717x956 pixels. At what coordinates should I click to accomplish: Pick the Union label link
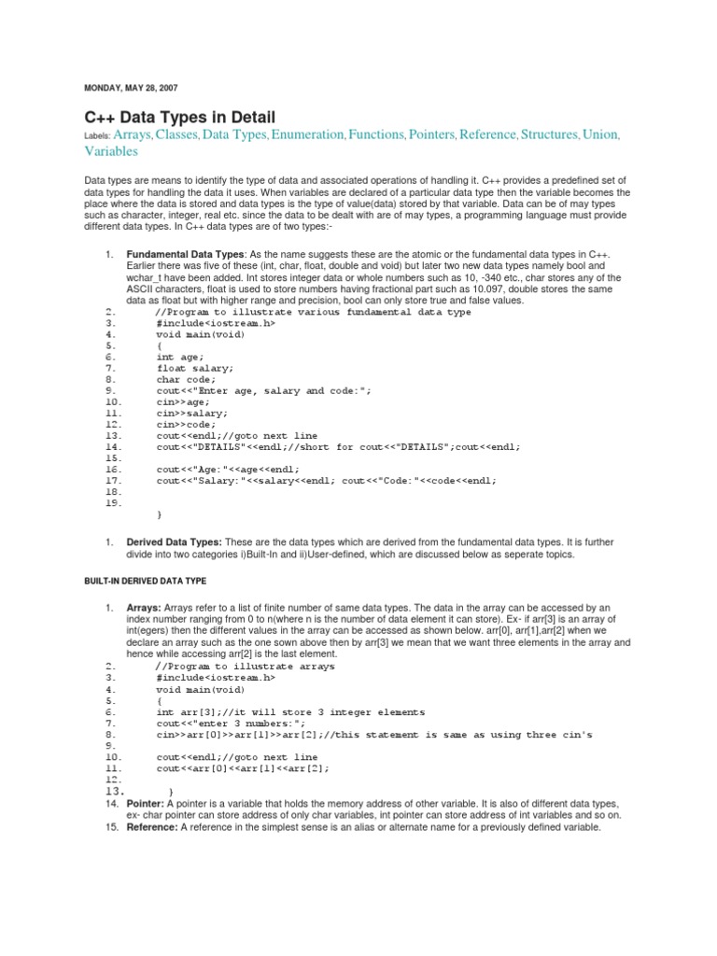point(599,135)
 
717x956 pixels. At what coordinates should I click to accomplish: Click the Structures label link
point(549,135)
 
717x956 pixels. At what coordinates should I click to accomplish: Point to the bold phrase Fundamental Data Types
point(185,255)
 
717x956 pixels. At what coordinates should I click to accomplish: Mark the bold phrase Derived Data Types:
point(175,542)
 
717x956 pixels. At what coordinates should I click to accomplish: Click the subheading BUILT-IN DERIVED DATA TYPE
point(145,581)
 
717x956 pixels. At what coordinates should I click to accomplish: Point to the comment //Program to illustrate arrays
point(246,667)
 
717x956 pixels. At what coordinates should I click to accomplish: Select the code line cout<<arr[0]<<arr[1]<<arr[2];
point(243,768)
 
